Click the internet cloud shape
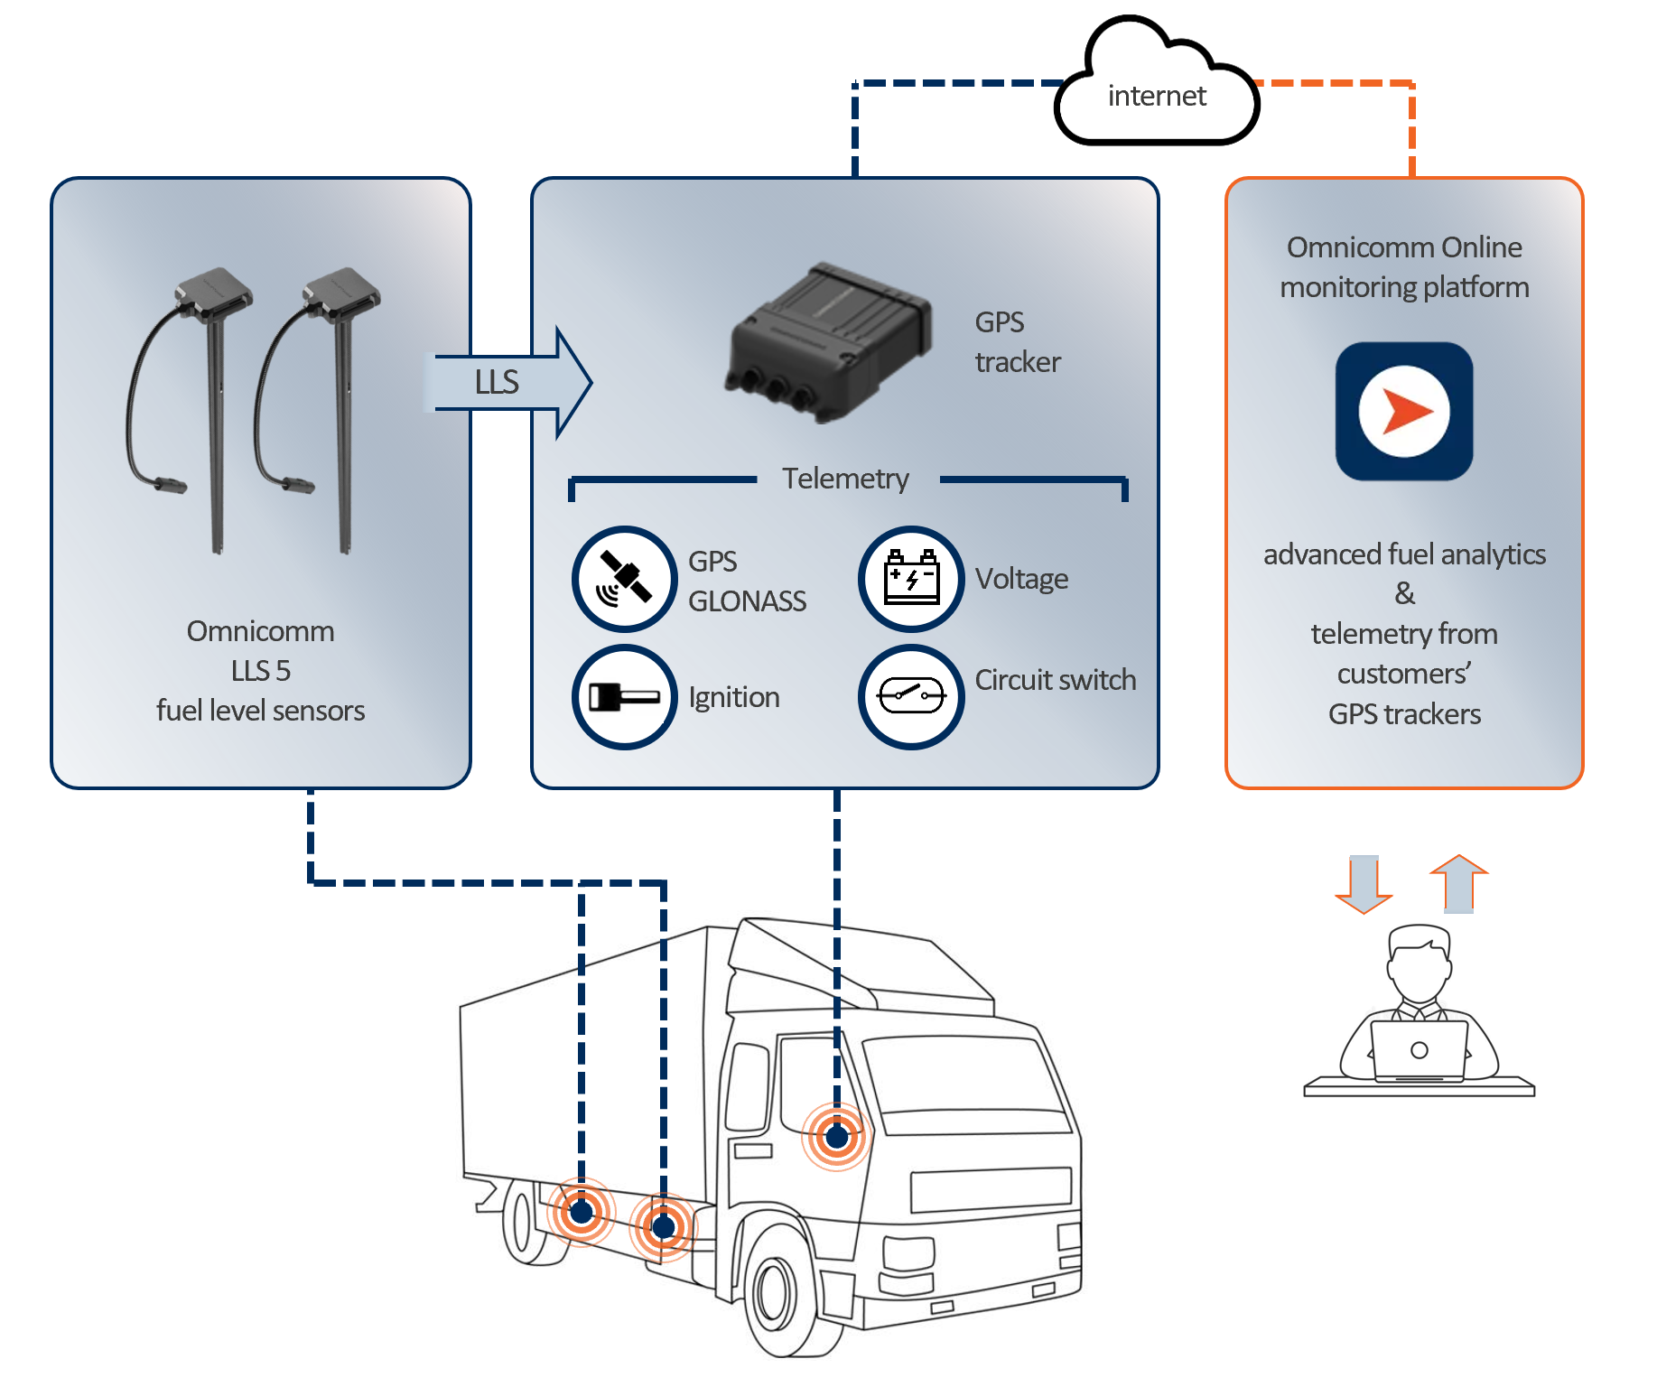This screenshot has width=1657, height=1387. coord(1157,90)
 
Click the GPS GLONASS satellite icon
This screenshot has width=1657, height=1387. coord(625,579)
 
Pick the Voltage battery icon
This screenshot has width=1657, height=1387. coord(912,579)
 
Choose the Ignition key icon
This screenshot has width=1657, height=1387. coord(625,697)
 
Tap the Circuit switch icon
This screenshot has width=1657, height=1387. coord(912,696)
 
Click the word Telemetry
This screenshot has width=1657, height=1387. coord(845,479)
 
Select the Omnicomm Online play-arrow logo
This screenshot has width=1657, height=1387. coord(1404,412)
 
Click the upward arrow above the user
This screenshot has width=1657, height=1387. coord(1458,883)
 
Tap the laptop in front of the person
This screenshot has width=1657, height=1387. coord(1419,1051)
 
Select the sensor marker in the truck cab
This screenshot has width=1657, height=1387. coord(837,1137)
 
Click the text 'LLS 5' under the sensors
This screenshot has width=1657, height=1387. coord(260,671)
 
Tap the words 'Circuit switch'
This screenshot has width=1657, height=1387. coord(1056,680)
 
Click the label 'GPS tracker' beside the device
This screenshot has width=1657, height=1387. coord(1017,342)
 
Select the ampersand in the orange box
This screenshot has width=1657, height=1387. coord(1404,593)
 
